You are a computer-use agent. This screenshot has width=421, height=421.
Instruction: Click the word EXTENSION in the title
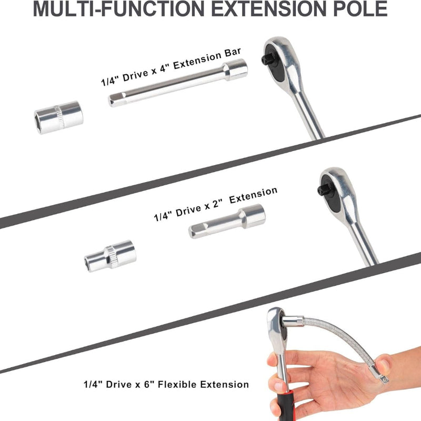(269, 9)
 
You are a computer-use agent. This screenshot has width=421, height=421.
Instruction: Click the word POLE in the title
(360, 9)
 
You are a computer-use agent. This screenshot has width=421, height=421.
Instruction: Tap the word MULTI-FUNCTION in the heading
(119, 9)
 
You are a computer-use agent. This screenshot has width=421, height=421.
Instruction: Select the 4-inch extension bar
(178, 83)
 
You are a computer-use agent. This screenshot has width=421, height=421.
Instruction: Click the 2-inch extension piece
(227, 221)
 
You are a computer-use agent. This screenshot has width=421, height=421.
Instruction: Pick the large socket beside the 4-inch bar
(59, 117)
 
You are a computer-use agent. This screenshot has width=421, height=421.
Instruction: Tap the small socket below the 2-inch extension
(110, 256)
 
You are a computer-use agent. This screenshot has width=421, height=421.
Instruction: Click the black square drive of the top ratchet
(266, 59)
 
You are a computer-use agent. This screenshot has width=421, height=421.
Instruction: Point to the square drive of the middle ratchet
(322, 190)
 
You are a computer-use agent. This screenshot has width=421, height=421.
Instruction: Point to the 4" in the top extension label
(165, 68)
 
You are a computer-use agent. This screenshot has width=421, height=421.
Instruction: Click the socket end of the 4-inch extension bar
(235, 69)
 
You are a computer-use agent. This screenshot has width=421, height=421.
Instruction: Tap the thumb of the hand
(384, 363)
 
